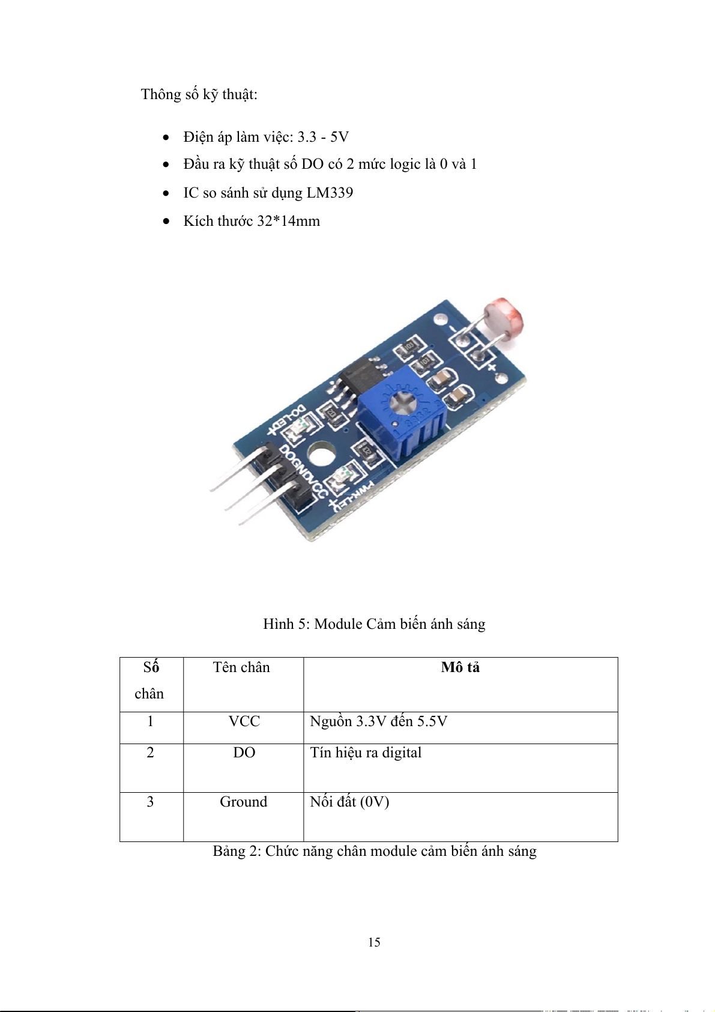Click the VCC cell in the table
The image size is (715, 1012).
[x=244, y=721]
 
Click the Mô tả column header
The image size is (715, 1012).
[x=460, y=667]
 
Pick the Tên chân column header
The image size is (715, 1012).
[x=241, y=667]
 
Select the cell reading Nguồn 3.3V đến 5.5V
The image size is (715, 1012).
[x=378, y=721]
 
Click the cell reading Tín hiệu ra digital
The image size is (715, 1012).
[x=366, y=753]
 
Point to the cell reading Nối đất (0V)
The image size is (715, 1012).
[x=349, y=802]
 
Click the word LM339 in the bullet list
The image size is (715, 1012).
[x=330, y=193]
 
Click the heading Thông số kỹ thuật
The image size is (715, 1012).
[x=199, y=94]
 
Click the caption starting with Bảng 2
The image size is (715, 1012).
[x=375, y=851]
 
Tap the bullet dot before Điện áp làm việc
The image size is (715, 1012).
[x=166, y=138]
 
